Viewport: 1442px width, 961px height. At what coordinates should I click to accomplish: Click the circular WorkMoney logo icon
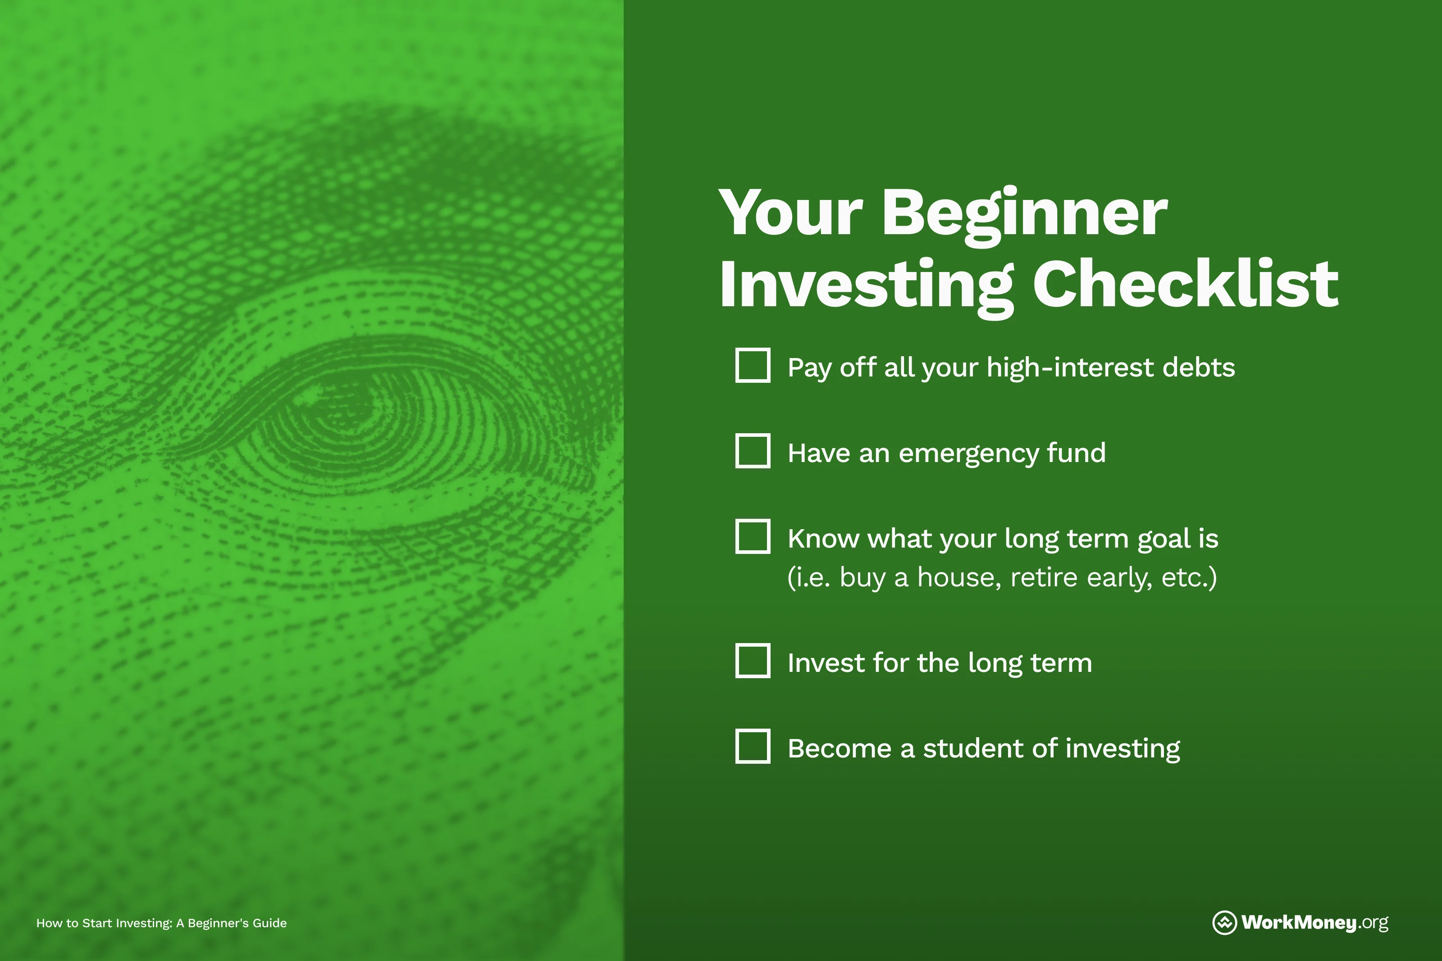[1224, 922]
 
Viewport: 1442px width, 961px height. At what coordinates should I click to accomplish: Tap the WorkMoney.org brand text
[1314, 922]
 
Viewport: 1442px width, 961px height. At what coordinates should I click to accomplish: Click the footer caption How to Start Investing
[161, 923]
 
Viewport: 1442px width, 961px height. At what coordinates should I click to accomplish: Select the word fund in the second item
[1076, 453]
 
